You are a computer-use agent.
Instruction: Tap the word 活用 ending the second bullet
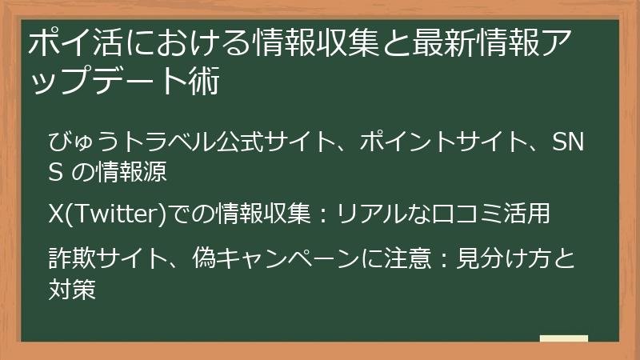pyautogui.click(x=530, y=214)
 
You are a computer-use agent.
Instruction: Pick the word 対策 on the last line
pyautogui.click(x=72, y=289)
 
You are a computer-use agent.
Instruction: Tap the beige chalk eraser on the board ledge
pyautogui.click(x=564, y=339)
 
